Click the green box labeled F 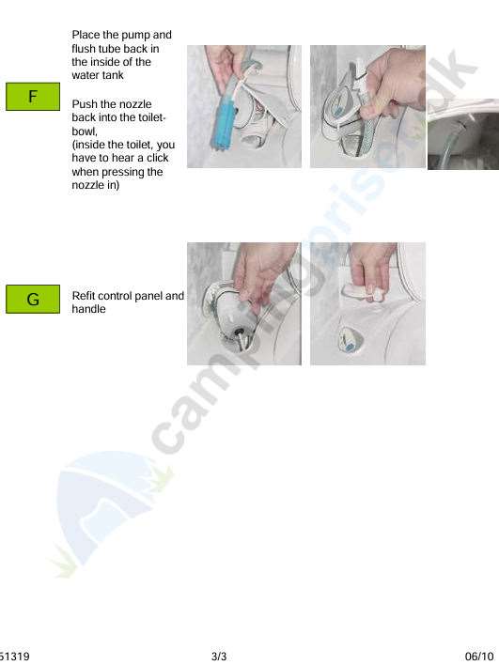pos(33,97)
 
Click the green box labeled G pos(33,299)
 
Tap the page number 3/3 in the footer pos(219,657)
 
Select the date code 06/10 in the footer pos(479,657)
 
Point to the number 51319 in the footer pos(15,657)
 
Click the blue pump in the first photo pos(224,114)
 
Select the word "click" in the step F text pos(158,158)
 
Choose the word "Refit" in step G pos(84,296)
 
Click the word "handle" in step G pos(88,309)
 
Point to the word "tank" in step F pos(113,75)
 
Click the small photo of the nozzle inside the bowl pos(463,135)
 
